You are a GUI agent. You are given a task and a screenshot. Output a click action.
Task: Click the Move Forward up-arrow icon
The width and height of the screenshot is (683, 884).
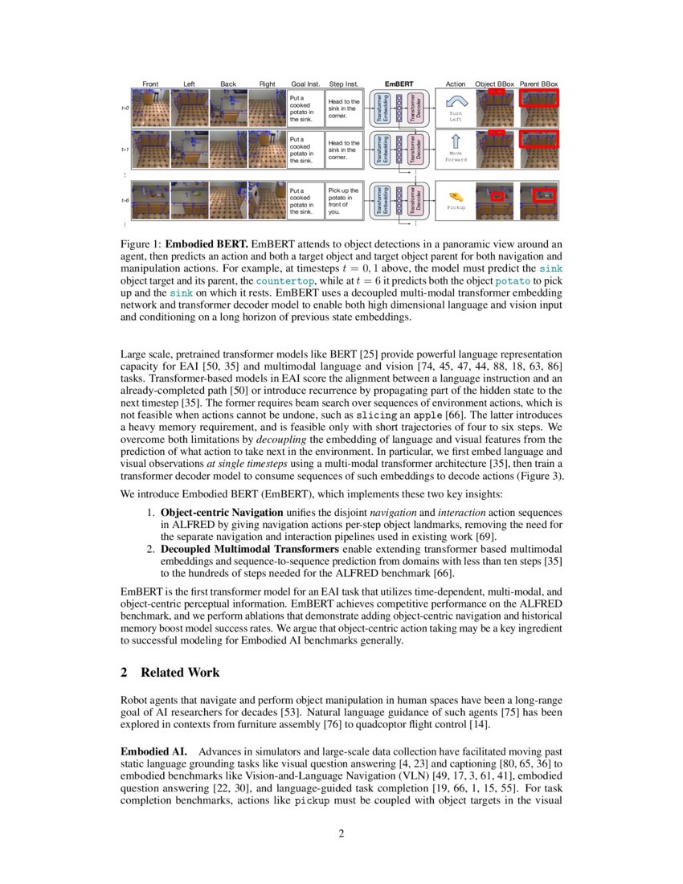point(456,142)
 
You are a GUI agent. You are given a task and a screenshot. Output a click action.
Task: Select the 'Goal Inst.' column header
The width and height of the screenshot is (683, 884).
point(305,84)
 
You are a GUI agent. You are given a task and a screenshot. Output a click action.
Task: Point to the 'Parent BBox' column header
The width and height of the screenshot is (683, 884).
point(538,84)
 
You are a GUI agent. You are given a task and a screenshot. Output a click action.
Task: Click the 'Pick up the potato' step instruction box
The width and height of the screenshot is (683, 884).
point(344,201)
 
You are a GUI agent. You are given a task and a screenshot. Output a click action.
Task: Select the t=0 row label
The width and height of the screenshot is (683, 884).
point(125,107)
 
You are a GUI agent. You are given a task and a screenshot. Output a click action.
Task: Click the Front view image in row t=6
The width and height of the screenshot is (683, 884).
point(149,201)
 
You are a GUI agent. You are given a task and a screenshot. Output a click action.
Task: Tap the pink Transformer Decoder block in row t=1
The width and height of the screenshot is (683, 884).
point(413,149)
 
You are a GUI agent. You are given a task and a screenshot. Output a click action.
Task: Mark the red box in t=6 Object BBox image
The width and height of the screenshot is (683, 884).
point(497,195)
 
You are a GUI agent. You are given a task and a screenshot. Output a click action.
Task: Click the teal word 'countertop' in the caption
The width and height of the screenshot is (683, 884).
point(280,283)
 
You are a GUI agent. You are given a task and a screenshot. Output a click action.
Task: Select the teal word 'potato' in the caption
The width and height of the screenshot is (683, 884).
point(512,283)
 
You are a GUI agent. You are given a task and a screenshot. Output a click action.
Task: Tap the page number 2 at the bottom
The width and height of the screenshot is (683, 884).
point(341,833)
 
